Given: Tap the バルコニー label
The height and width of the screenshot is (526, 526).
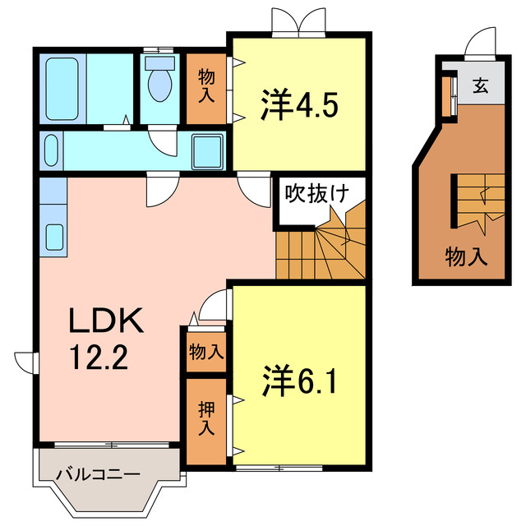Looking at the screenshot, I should coord(97,474).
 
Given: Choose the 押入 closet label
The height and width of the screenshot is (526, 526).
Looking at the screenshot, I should coord(205,418).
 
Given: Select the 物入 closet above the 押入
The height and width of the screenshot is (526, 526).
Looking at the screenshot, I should coord(205,352).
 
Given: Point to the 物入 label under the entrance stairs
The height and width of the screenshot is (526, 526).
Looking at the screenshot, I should coord(466,256).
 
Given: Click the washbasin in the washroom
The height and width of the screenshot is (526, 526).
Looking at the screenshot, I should coord(50,150).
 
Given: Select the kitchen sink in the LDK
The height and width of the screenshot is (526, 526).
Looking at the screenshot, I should coord(54,237).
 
